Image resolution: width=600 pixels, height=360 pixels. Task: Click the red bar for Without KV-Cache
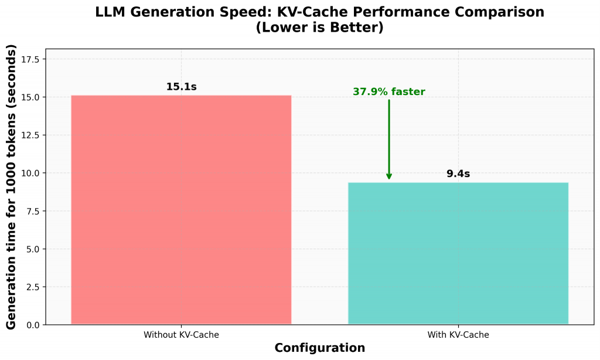(181, 209)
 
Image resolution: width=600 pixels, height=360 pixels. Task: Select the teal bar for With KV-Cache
(458, 253)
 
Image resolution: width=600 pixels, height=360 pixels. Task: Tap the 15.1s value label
(181, 87)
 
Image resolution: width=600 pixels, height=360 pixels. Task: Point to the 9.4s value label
(458, 174)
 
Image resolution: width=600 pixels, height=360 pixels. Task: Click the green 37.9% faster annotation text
(388, 92)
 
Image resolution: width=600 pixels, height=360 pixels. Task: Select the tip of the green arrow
(389, 179)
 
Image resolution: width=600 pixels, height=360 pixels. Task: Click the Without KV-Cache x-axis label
(181, 335)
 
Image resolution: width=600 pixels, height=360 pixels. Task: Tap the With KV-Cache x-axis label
(458, 335)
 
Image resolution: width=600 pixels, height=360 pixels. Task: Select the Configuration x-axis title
(319, 348)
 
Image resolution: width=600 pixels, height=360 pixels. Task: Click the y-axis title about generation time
(12, 188)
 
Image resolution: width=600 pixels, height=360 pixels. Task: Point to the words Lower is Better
(319, 27)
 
